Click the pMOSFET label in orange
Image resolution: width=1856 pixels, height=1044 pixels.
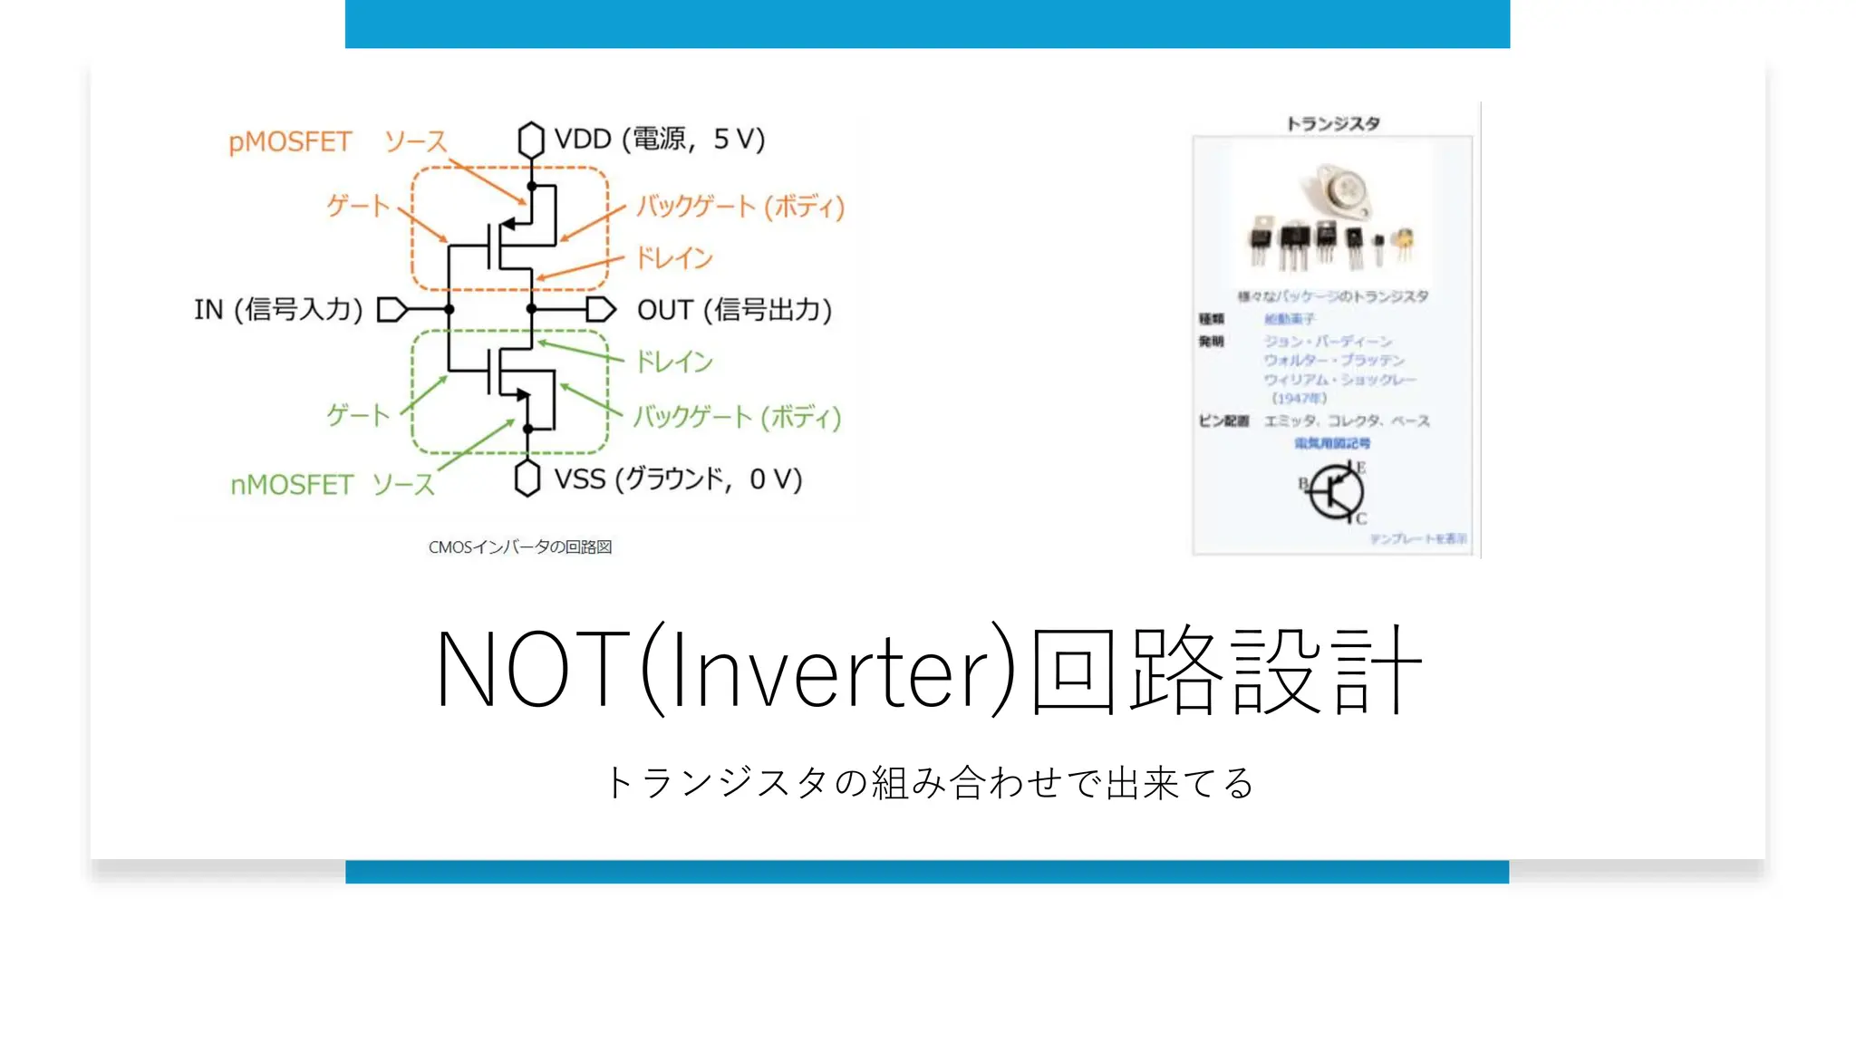point(290,142)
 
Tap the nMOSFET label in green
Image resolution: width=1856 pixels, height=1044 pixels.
point(292,485)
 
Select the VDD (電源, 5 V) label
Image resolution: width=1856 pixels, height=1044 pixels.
point(660,139)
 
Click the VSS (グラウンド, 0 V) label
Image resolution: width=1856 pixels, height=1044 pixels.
point(678,478)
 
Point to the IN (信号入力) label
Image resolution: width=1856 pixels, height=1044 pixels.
point(278,310)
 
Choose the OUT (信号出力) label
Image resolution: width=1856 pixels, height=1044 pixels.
point(734,310)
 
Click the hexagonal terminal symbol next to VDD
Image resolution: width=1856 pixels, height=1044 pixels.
point(531,140)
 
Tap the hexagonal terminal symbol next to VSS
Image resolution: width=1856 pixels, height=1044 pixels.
point(527,478)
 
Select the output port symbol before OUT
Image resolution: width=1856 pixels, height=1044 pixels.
point(600,310)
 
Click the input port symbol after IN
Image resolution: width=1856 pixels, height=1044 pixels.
point(391,310)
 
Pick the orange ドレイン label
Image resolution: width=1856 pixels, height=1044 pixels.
point(674,258)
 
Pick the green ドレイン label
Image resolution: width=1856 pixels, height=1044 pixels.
point(674,362)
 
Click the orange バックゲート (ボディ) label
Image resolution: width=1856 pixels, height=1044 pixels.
point(740,207)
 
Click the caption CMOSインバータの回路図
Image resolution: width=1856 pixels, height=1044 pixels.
point(520,547)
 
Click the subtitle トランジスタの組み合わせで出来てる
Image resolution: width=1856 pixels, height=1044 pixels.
point(928,783)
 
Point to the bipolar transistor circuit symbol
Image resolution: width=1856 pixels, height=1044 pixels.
point(1334,492)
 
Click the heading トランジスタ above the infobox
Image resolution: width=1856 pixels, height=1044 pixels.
point(1333,123)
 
